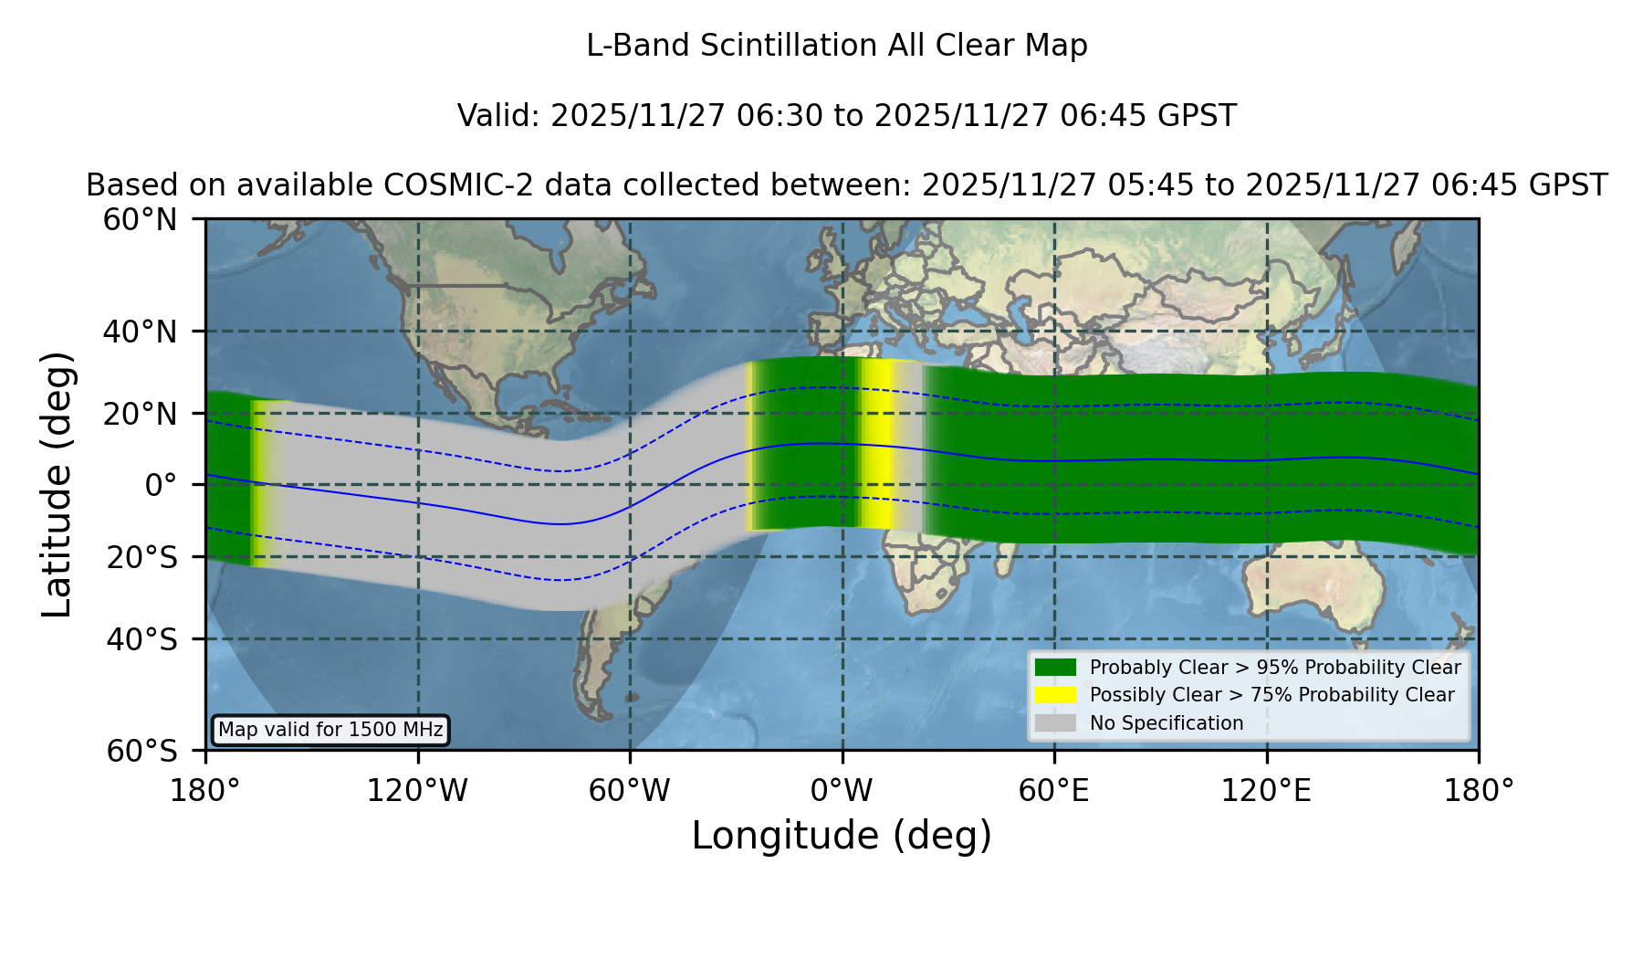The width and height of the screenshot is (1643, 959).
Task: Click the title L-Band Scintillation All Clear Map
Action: tap(837, 46)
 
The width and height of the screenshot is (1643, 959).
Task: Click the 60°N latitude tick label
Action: tap(141, 219)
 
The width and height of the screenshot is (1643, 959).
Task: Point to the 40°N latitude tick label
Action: tap(141, 332)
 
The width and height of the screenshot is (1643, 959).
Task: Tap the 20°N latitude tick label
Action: tap(141, 414)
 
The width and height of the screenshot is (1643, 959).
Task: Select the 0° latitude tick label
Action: tap(161, 485)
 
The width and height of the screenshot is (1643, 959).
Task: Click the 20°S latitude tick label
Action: tap(142, 557)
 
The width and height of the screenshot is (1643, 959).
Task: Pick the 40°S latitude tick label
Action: tap(142, 639)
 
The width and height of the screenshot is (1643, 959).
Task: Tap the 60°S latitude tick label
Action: tap(142, 751)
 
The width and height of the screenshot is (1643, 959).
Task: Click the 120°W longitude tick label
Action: tap(417, 791)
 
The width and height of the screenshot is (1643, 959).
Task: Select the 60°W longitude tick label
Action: tap(630, 791)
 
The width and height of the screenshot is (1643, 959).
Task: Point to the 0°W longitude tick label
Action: tap(842, 791)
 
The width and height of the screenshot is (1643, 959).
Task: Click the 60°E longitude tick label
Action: tap(1054, 791)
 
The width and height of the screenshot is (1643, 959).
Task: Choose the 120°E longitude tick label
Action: tap(1267, 791)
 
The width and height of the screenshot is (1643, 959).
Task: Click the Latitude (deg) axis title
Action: tap(57, 484)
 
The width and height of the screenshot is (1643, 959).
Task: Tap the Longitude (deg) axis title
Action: tap(842, 836)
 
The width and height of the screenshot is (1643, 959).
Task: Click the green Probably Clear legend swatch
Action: tap(1056, 667)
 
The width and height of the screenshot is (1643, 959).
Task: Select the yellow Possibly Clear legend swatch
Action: tap(1056, 695)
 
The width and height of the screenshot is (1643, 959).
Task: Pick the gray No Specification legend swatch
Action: tap(1056, 723)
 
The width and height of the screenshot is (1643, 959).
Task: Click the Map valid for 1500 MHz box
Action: tap(330, 730)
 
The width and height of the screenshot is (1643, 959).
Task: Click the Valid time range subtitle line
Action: tap(847, 116)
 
